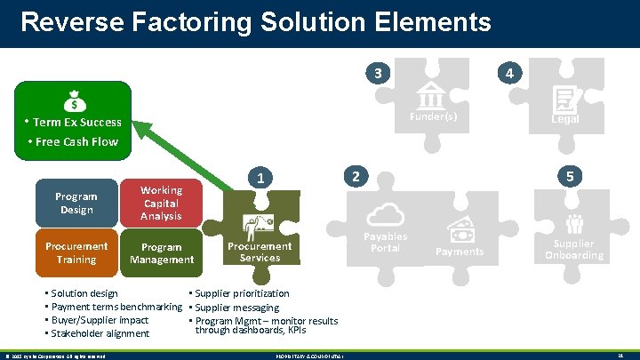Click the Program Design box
[x=76, y=203]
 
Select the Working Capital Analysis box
[x=161, y=203]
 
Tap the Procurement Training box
[x=76, y=252]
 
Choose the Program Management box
[x=161, y=252]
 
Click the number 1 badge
[x=260, y=178]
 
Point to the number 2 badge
[x=355, y=176]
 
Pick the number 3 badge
[x=380, y=73]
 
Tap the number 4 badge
[x=508, y=73]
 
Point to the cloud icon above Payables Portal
[x=386, y=214]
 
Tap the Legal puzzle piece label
[x=565, y=119]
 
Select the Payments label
[x=460, y=252]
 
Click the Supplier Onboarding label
[x=573, y=249]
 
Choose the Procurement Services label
[x=260, y=252]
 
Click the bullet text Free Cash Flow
[x=77, y=141]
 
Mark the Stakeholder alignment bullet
[x=100, y=333]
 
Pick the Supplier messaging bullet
[x=236, y=308]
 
